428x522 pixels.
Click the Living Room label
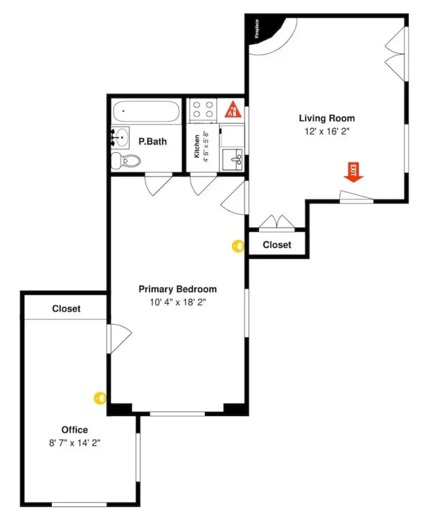(x=327, y=118)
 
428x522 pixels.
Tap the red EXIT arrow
(x=353, y=173)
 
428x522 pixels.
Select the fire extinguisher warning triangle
(x=233, y=109)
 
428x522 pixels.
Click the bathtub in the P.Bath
(x=147, y=111)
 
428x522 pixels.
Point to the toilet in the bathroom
(x=126, y=161)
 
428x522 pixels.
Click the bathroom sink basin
(x=120, y=137)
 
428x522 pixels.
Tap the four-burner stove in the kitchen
(x=203, y=109)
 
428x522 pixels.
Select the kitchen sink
(x=232, y=160)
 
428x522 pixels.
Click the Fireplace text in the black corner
(x=257, y=29)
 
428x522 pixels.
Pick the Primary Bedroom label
(x=178, y=289)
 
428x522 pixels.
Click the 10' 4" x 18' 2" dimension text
(x=178, y=302)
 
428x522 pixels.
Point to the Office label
(x=75, y=430)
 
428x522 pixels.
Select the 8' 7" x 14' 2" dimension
(x=75, y=443)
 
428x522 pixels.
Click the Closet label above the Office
(x=66, y=309)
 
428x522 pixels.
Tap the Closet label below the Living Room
(x=277, y=245)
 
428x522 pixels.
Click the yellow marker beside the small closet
(x=238, y=246)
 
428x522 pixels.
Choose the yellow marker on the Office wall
(x=100, y=398)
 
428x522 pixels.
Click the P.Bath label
(x=152, y=141)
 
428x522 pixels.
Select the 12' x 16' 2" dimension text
(x=327, y=131)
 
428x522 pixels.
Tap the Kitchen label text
(x=197, y=146)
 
